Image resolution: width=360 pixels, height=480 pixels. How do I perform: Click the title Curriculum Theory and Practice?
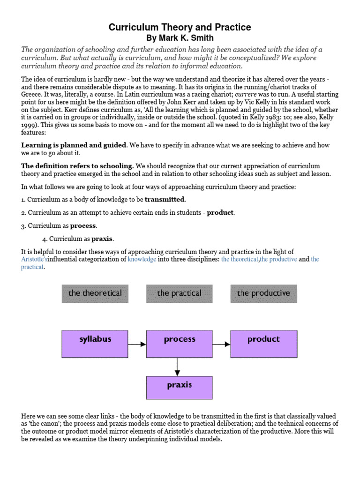[x=180, y=28]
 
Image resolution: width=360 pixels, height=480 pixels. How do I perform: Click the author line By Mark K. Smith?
[x=180, y=37]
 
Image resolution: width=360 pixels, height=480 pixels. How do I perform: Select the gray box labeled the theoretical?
[x=95, y=293]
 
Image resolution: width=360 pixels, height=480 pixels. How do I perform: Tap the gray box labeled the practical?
[x=179, y=293]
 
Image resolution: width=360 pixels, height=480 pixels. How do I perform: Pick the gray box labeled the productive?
[x=263, y=293]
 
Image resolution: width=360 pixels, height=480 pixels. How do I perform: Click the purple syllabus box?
[x=95, y=344]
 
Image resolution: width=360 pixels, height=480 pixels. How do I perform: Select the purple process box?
[x=179, y=344]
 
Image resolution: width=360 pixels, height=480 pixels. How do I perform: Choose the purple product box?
[x=263, y=344]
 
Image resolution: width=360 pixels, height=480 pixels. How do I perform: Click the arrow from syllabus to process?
[x=137, y=344]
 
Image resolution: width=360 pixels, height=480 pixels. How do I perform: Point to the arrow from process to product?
[x=221, y=344]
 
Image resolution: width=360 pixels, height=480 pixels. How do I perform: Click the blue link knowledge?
[x=142, y=259]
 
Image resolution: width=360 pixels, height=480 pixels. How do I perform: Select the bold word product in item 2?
[x=220, y=213]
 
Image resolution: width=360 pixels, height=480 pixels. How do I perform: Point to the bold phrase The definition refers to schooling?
[x=78, y=166]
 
